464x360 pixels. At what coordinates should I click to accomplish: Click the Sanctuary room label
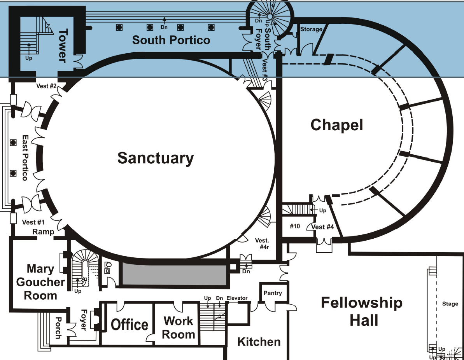(x=156, y=158)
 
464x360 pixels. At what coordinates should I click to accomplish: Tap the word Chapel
(x=337, y=125)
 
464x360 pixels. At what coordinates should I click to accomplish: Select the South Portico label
(x=171, y=40)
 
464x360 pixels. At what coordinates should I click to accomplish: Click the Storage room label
(x=311, y=29)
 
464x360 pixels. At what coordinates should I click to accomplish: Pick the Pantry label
(x=273, y=293)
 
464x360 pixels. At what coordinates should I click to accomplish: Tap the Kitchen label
(x=259, y=342)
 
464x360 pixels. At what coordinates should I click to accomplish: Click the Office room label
(x=129, y=325)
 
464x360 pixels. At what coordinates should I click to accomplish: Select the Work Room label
(x=179, y=327)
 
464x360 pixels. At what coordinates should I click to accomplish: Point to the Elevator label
(x=237, y=298)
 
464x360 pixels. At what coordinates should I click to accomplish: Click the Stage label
(x=450, y=304)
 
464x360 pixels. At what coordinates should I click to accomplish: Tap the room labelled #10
(x=295, y=226)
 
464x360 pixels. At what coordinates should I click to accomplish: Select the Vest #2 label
(x=46, y=86)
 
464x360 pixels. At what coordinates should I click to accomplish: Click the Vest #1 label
(x=33, y=222)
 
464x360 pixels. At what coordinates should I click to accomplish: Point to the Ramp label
(x=43, y=232)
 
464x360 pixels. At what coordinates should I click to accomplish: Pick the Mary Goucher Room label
(x=40, y=282)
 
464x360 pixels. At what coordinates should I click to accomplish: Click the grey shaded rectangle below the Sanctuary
(x=174, y=275)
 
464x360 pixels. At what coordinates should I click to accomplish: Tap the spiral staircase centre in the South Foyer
(x=270, y=16)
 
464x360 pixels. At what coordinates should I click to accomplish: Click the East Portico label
(x=25, y=158)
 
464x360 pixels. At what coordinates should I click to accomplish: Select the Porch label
(x=58, y=328)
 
